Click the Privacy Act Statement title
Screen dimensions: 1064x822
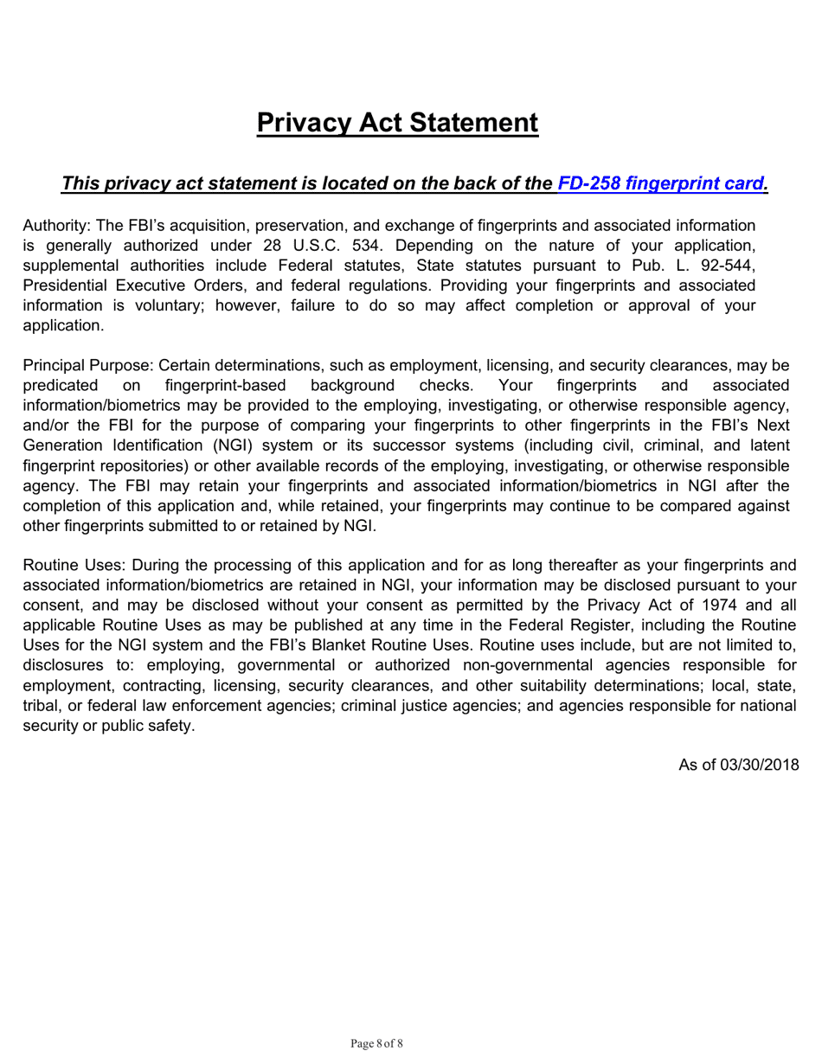pos(397,123)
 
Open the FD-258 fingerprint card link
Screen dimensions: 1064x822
pos(662,183)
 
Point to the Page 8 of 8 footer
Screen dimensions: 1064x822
pos(376,1043)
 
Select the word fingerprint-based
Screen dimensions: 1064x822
pos(225,386)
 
